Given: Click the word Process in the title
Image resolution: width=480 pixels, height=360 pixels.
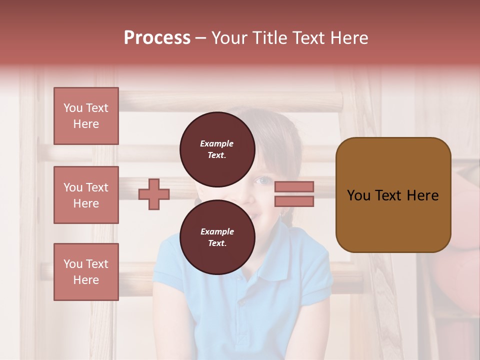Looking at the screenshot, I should (157, 38).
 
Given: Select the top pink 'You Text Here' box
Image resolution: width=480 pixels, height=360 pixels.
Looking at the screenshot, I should (86, 116).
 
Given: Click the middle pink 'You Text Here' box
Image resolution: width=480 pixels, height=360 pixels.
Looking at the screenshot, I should (86, 195).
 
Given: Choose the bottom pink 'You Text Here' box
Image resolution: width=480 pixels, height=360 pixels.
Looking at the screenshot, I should (86, 272).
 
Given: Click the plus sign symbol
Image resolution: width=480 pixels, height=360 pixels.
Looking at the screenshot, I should (154, 194).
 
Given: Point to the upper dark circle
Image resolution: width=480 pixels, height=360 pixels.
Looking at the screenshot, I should (217, 149).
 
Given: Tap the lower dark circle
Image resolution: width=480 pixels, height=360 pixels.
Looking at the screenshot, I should (217, 237).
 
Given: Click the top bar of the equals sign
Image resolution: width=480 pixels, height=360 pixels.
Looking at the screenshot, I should (294, 186).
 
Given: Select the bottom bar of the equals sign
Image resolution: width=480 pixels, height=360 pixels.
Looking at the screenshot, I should (294, 201).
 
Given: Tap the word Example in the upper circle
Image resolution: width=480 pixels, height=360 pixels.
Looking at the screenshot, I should (217, 143).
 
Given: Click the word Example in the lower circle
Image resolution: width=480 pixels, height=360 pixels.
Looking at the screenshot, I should (217, 231).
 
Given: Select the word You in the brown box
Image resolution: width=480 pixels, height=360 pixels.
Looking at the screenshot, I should (358, 195).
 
